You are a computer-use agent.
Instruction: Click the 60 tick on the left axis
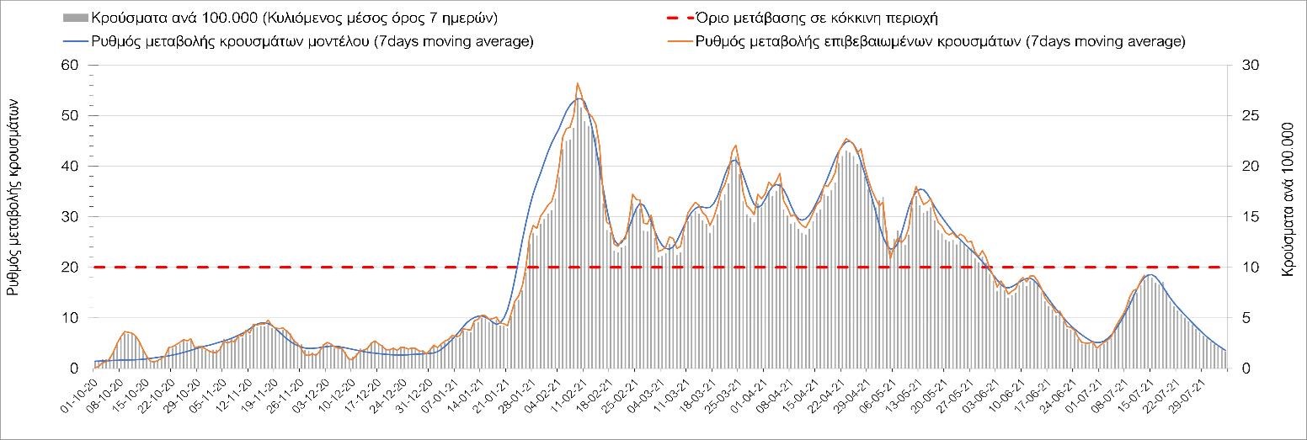click(69, 66)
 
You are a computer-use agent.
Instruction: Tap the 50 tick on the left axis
click(69, 116)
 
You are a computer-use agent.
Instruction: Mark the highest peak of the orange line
click(577, 83)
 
